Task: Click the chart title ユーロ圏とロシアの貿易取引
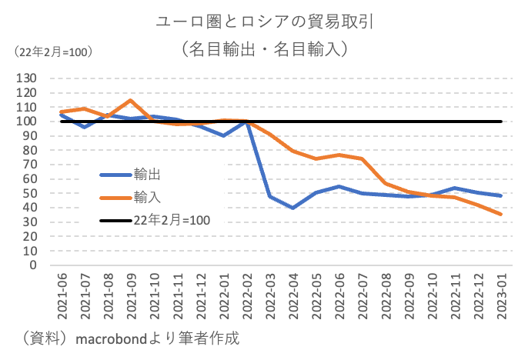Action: pos(264,21)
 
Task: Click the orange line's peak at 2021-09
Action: pos(130,100)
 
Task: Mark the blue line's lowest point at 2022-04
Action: pos(292,208)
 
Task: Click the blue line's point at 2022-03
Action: pos(269,196)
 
